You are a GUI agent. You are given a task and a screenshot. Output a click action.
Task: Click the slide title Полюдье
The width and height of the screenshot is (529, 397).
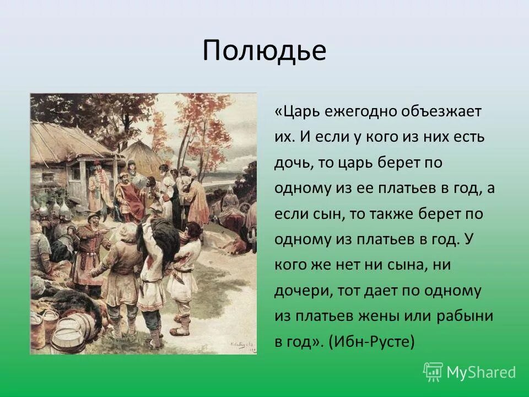(264, 51)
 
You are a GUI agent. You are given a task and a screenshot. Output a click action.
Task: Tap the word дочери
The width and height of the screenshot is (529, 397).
(300, 291)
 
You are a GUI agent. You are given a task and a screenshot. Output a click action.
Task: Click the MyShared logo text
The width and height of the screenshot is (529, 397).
(481, 372)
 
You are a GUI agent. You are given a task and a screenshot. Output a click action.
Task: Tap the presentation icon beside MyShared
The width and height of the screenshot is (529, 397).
(433, 372)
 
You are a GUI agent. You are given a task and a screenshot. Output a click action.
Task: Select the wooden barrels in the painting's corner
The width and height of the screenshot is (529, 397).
(61, 331)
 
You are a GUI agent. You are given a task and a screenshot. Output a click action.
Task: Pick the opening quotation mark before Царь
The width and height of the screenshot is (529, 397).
(278, 111)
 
